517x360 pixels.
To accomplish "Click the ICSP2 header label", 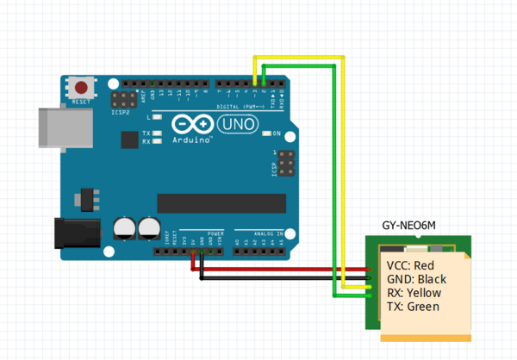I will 121,111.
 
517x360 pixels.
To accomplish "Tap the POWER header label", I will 215,233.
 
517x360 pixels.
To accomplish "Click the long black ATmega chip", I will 221,202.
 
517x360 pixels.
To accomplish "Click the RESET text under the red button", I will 81,102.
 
